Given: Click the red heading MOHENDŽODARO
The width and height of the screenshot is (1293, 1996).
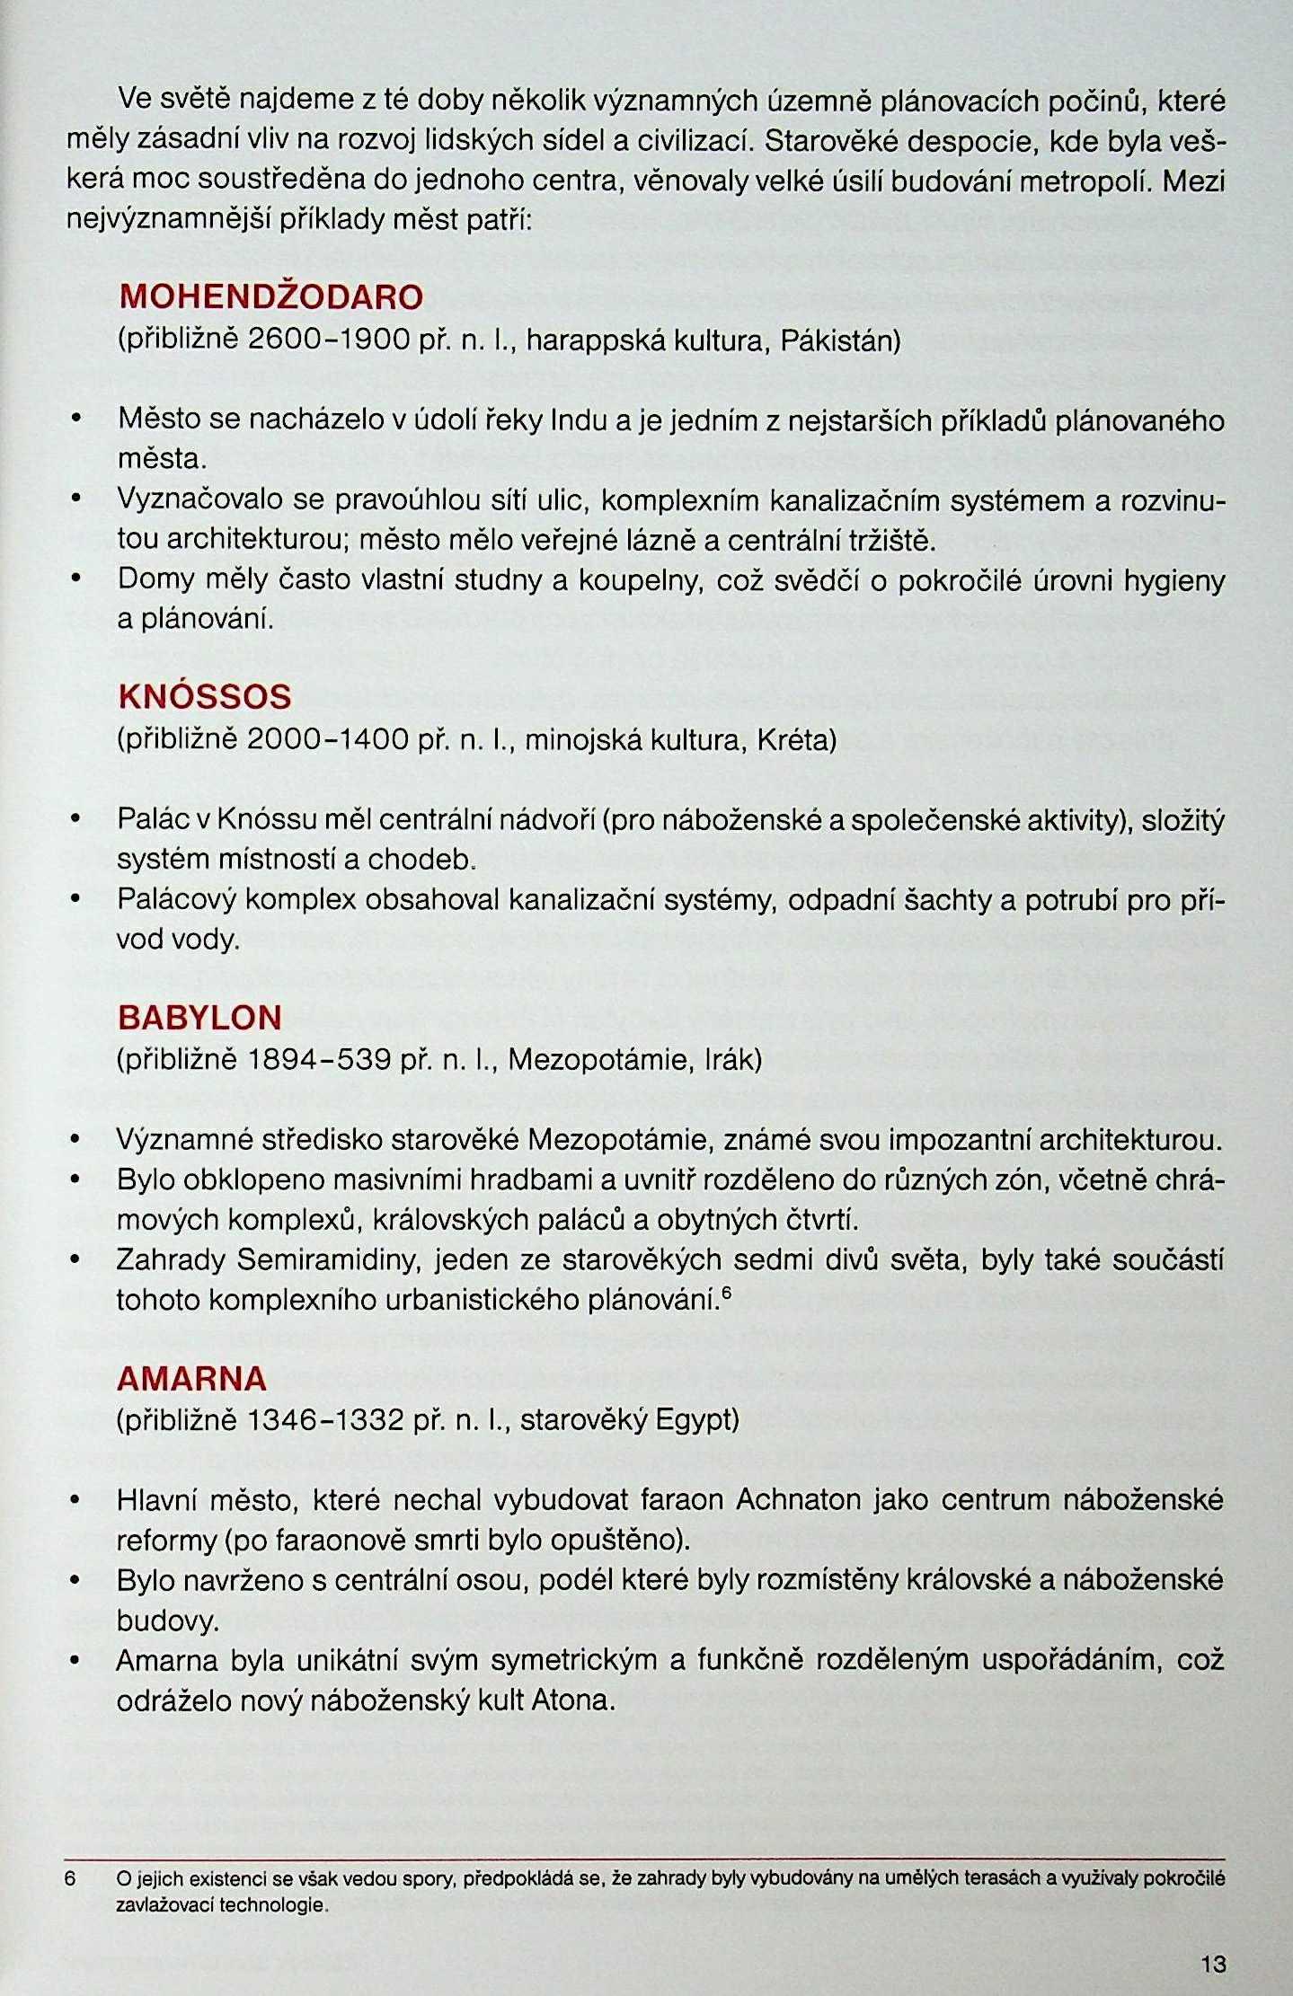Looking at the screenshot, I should (x=270, y=297).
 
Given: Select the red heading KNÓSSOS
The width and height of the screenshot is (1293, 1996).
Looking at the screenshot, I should (x=205, y=696).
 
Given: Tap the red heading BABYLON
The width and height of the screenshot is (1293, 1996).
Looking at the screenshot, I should (x=199, y=1017).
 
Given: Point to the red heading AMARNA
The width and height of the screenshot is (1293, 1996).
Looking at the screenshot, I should (x=191, y=1377).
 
